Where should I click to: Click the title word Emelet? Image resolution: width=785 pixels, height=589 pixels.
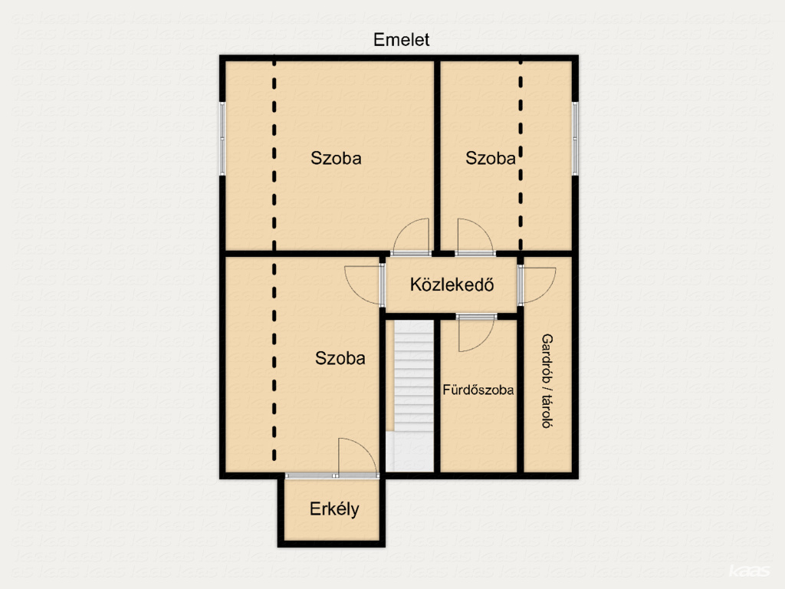pos(401,40)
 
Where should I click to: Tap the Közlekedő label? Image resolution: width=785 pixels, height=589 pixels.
pos(452,285)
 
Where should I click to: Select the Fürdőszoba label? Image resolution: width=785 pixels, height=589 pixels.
pos(478,390)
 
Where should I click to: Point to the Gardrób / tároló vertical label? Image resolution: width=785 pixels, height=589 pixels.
pos(547,381)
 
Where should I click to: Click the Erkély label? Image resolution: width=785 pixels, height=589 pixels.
pos(334,509)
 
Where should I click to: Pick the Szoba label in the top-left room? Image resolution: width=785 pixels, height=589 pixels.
pos(336,158)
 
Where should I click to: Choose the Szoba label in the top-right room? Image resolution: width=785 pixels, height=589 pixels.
pos(490,158)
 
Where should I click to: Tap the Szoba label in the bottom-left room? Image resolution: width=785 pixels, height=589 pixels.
pos(340,358)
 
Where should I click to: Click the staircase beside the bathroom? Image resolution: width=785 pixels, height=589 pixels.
pos(413,396)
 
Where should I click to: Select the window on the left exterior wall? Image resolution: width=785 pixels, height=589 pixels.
pos(222,139)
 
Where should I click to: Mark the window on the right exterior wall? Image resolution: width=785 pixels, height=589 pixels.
pos(575,139)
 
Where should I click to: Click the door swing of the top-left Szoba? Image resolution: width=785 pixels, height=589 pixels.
pos(412,236)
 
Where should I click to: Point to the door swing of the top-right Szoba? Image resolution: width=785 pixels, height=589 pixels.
pos(475,236)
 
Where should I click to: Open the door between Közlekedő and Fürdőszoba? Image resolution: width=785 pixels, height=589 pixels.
pos(476,333)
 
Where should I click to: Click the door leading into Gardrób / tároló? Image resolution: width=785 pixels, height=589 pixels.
pos(537,285)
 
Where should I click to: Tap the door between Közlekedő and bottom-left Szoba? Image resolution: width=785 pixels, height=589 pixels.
pos(364,285)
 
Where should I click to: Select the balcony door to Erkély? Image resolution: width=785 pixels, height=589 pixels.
pos(357,457)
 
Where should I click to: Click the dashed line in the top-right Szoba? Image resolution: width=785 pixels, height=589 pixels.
pos(521,155)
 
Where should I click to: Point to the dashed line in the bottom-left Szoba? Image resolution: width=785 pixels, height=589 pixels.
pos(274,360)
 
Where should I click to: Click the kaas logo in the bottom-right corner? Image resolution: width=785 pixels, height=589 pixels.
pos(749,571)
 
